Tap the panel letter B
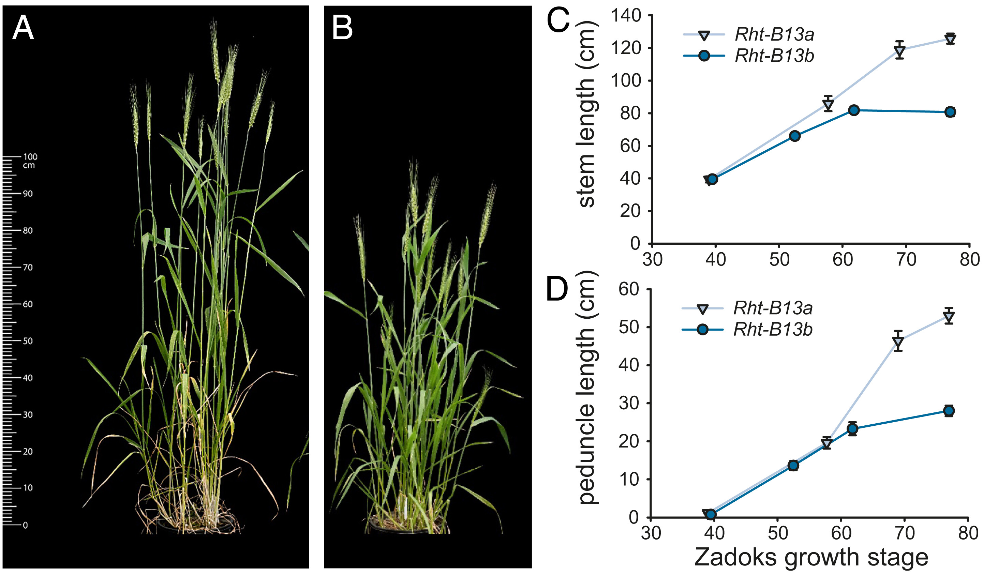[x=342, y=28]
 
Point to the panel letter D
[x=557, y=289]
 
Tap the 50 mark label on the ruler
[x=28, y=341]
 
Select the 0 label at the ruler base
[x=25, y=525]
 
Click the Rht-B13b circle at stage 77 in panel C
[x=950, y=112]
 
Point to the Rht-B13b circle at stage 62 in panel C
[x=854, y=110]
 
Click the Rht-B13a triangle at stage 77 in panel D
[x=949, y=317]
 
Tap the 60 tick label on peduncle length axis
[x=628, y=289]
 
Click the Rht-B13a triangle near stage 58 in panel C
[x=828, y=105]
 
